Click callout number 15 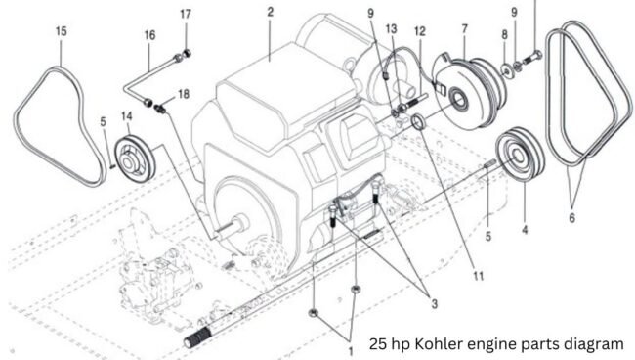click(x=62, y=31)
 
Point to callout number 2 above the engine click(x=270, y=12)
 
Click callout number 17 click(x=186, y=15)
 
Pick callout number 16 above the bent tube click(x=149, y=35)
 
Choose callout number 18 click(x=184, y=94)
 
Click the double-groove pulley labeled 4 click(x=521, y=154)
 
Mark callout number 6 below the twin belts click(x=571, y=218)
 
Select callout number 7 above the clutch click(x=464, y=29)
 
